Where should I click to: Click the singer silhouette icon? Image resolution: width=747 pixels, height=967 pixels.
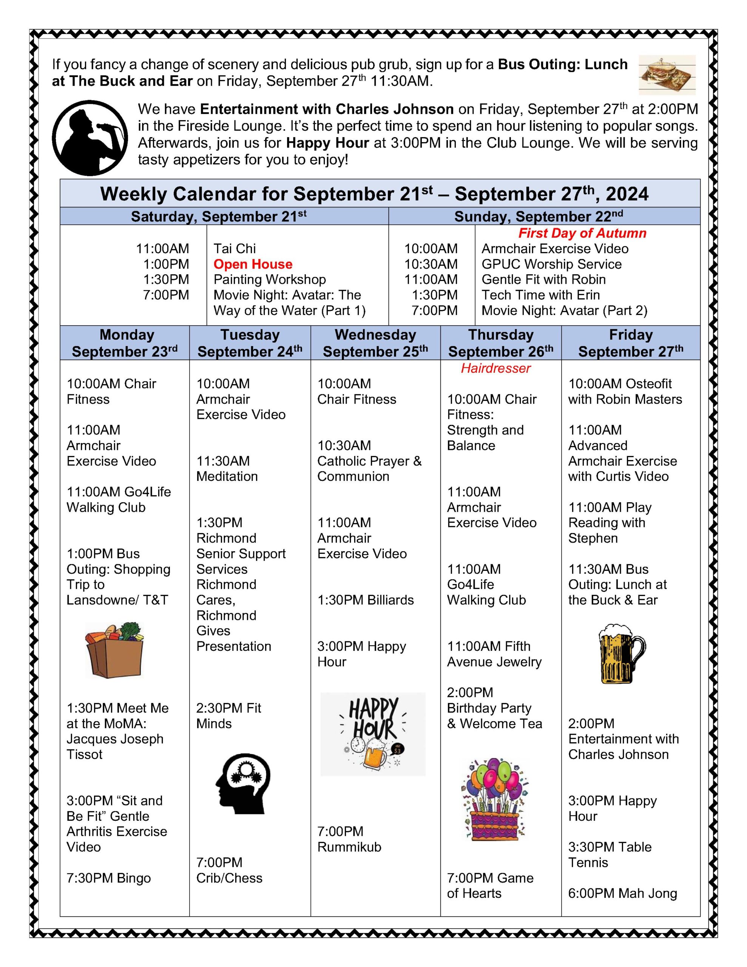(x=90, y=138)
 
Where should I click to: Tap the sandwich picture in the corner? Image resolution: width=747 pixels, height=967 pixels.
(x=667, y=74)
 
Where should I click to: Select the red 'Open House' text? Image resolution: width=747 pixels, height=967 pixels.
(x=253, y=264)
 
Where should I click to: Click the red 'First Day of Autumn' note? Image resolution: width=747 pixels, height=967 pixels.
(x=582, y=233)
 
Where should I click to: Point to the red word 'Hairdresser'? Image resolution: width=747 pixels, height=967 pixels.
(x=495, y=368)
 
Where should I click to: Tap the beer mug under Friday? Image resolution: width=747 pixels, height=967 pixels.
(x=622, y=653)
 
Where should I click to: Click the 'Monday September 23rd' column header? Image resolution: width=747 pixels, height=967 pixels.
(x=125, y=343)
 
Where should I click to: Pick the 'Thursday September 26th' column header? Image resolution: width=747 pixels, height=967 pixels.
(x=501, y=343)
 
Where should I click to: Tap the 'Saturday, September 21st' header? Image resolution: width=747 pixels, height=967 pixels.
(x=219, y=216)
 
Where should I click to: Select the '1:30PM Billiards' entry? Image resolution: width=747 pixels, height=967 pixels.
(x=365, y=599)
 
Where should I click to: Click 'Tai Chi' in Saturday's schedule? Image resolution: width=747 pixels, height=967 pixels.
(x=235, y=249)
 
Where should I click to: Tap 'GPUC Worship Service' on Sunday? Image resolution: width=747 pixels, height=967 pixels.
(x=551, y=264)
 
